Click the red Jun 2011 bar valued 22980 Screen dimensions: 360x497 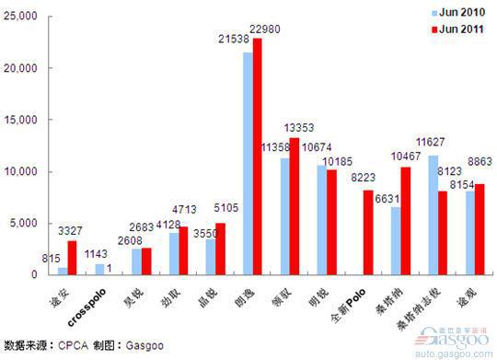pos(257,157)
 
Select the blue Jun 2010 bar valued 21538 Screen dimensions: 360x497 pos(247,163)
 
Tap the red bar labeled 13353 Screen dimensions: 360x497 pos(295,206)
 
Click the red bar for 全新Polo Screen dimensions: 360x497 pos(368,232)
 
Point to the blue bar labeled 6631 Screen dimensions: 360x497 pos(396,240)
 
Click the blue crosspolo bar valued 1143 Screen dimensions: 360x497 pos(99,269)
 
